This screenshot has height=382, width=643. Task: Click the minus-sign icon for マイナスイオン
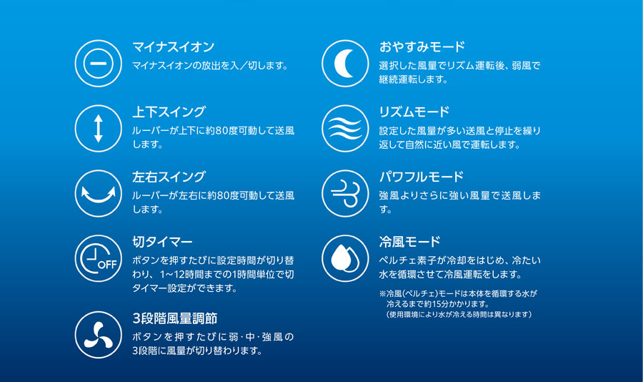coord(99,63)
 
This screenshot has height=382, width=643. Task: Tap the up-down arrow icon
coord(99,129)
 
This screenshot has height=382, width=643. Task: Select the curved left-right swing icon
coord(99,193)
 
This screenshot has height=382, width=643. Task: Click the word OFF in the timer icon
coord(107,265)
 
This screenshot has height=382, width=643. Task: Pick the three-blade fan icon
coord(99,335)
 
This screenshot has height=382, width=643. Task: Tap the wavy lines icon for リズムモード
coord(345,129)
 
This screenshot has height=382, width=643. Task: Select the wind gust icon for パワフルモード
coord(345,193)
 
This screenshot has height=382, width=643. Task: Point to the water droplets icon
coord(345,258)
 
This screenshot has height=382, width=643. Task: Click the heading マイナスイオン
coord(173,46)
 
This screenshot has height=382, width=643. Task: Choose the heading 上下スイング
coord(169,112)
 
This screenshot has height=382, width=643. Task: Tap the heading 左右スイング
coord(169,177)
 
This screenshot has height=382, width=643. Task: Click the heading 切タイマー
coord(162,242)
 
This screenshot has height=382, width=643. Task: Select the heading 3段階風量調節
coord(175,318)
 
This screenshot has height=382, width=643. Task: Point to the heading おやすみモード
coord(422,46)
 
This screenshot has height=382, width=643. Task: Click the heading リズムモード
coord(414,112)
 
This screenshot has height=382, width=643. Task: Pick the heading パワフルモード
coord(421,177)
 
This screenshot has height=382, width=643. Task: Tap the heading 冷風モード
coord(409,242)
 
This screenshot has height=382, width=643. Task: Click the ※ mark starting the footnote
coord(383,294)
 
